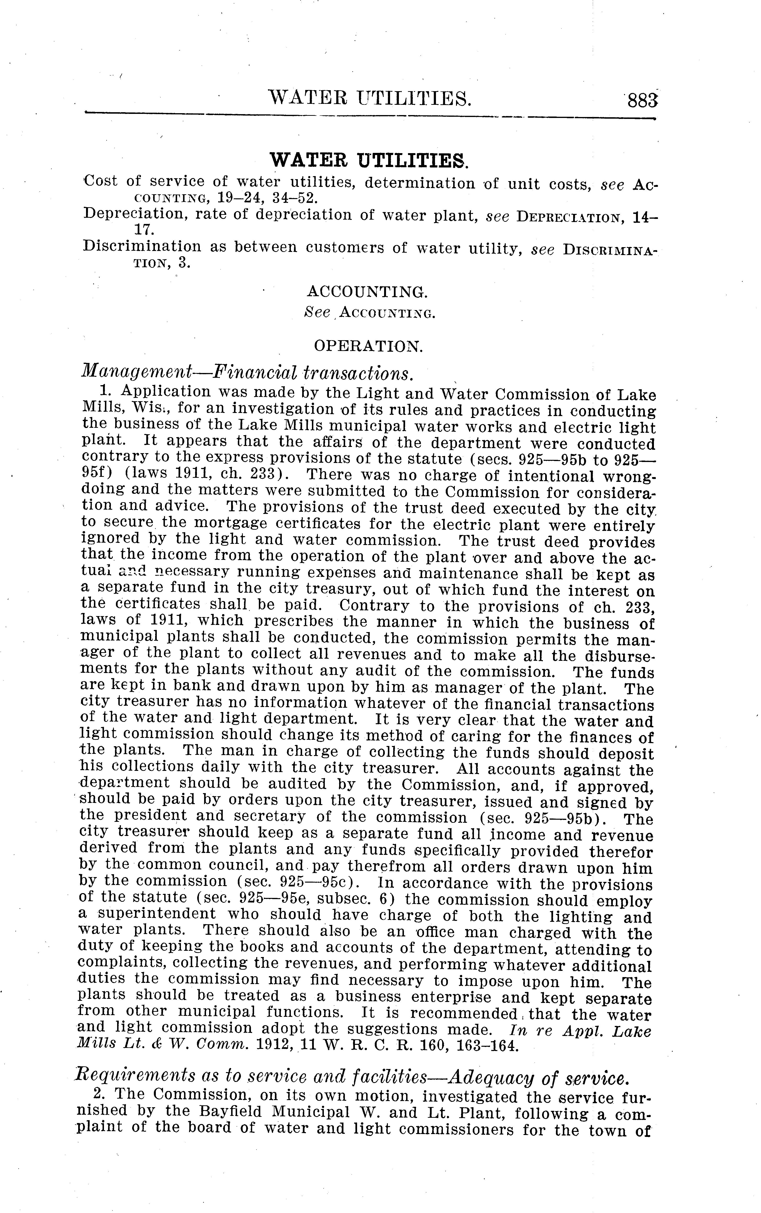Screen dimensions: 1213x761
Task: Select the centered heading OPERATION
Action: (x=368, y=346)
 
